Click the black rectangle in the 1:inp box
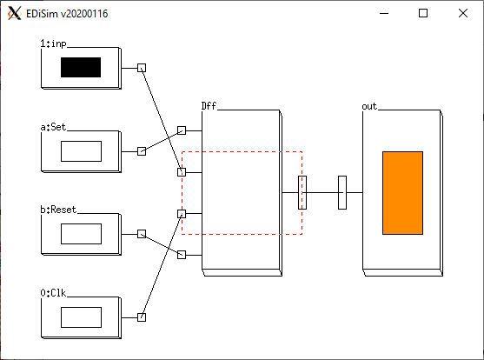coord(81,67)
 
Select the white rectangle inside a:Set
coord(81,151)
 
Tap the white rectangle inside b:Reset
coord(81,234)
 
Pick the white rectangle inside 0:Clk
coord(81,317)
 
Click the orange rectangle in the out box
coord(403,193)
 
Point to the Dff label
coord(209,106)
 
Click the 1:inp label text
coord(53,43)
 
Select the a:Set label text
coord(53,127)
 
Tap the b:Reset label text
coord(58,210)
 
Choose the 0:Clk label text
coord(53,293)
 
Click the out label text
coord(369,106)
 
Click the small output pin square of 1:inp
coord(142,68)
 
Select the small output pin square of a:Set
coord(142,151)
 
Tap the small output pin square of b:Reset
coord(142,234)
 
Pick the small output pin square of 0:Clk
coord(142,317)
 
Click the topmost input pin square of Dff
coord(182,130)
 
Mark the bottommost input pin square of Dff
coord(182,255)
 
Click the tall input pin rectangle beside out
coord(342,192)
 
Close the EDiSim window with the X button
coord(463,13)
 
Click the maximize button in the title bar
coord(423,13)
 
